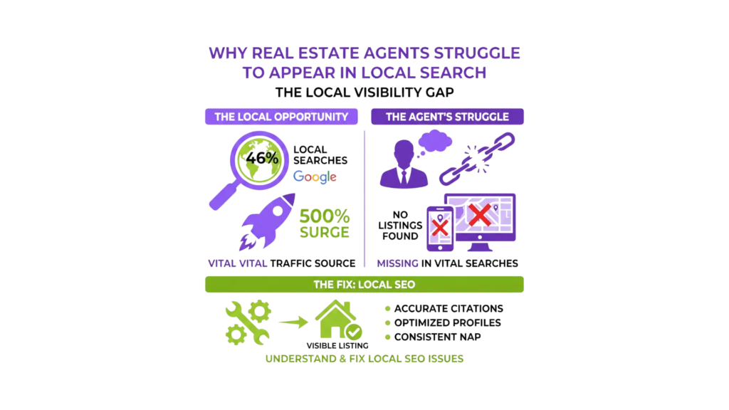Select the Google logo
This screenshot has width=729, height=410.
point(315,177)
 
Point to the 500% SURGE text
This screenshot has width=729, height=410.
point(324,223)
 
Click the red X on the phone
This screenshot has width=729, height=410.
point(440,226)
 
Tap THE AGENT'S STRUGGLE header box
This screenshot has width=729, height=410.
point(447,117)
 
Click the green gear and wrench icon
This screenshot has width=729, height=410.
point(247,322)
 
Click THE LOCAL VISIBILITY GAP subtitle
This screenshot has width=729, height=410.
point(364,93)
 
